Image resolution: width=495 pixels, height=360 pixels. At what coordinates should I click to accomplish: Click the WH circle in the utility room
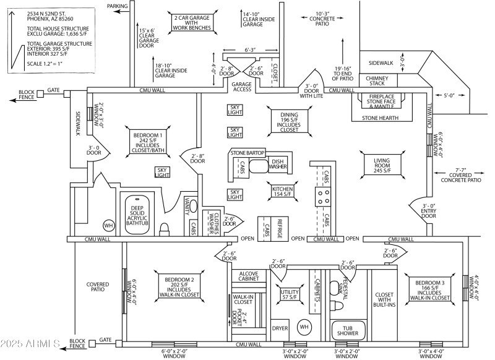point(304,326)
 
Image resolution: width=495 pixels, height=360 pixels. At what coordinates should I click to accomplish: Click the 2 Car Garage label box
point(192,24)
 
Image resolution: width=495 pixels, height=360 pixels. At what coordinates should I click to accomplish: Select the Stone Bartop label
point(247,152)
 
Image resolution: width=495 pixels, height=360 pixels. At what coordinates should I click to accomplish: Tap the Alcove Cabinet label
point(249,275)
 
